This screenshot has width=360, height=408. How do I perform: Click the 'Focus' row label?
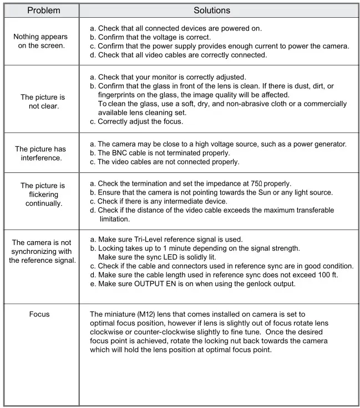coord(39,314)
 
